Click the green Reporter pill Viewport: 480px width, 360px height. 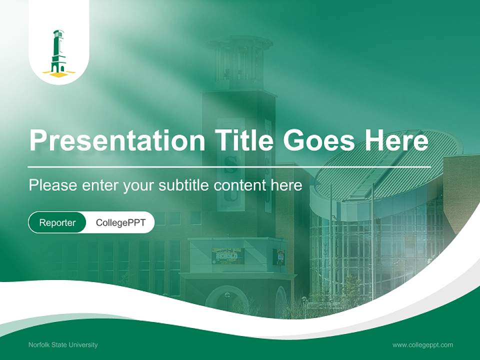coord(57,222)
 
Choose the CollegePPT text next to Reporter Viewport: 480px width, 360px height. coord(120,222)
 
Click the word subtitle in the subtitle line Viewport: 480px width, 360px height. coord(184,185)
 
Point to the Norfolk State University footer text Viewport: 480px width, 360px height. coord(63,344)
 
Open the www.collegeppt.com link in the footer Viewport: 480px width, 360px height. coord(422,344)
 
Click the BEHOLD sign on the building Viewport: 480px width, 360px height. coord(228,256)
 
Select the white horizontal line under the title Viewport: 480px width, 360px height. coord(229,167)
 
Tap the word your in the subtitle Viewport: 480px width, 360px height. coord(140,185)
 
